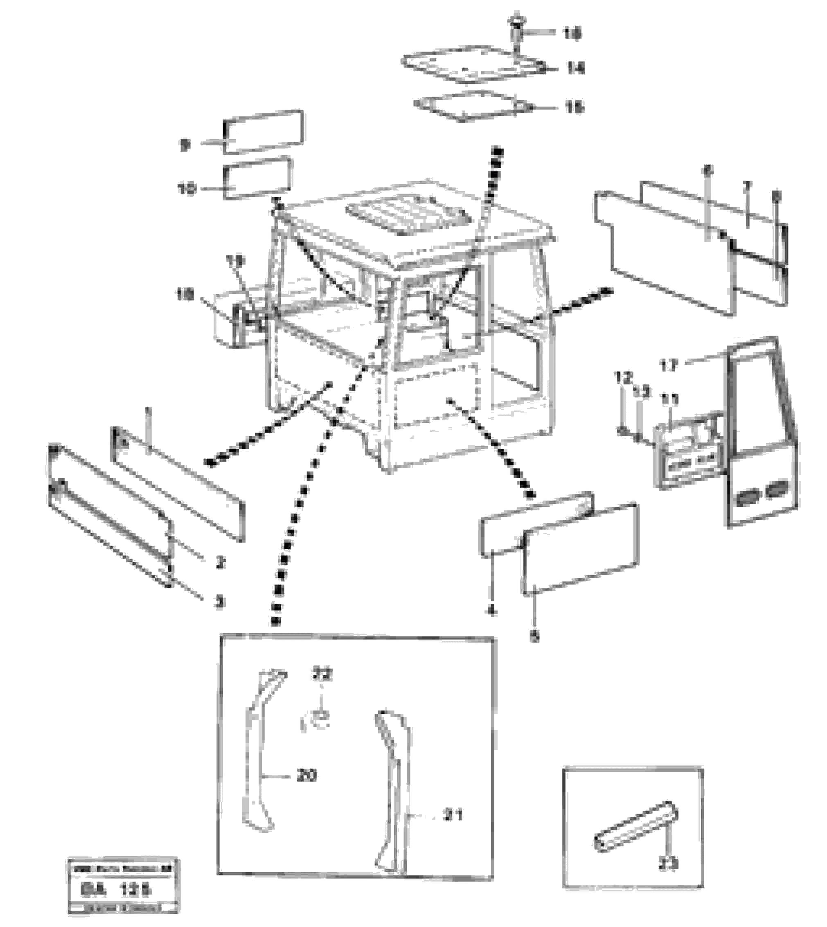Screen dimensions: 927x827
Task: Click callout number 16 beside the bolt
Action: click(x=572, y=33)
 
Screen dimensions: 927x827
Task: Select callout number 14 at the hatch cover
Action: click(x=575, y=68)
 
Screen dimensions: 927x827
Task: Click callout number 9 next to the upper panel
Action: click(x=185, y=145)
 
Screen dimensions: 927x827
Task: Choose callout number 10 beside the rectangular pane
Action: click(x=187, y=189)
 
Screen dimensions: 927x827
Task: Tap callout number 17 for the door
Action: click(x=669, y=364)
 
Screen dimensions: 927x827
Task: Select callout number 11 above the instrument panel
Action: click(x=669, y=400)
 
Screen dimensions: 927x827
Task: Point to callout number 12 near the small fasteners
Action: click(x=623, y=377)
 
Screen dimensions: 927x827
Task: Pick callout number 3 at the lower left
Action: click(x=219, y=602)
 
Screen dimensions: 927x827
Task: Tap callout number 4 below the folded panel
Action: click(x=491, y=611)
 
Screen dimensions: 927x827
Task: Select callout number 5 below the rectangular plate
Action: click(x=535, y=638)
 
